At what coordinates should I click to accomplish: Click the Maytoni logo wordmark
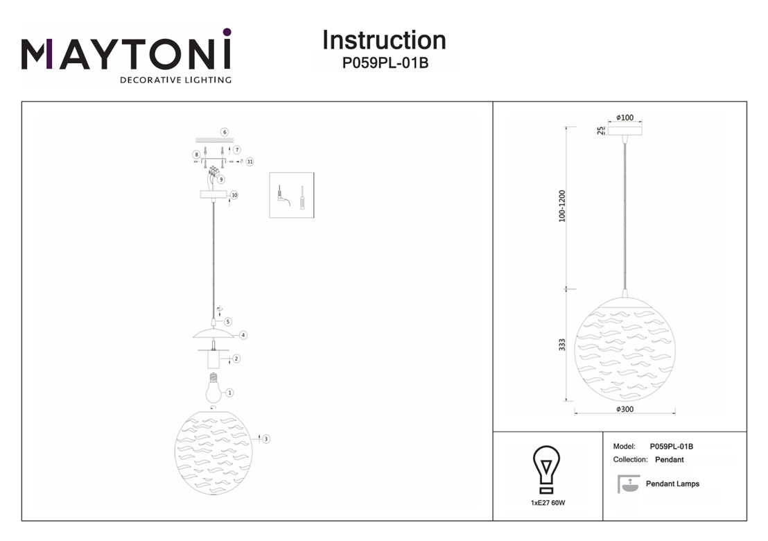tap(126, 53)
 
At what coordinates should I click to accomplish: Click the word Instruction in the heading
tap(384, 40)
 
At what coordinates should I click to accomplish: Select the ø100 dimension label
tap(625, 118)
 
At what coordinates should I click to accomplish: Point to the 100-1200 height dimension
tap(562, 206)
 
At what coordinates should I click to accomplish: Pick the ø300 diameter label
tap(625, 409)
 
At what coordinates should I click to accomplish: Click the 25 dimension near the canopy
tap(601, 130)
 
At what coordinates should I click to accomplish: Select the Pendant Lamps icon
tap(628, 484)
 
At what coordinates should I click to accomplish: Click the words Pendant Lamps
tap(672, 484)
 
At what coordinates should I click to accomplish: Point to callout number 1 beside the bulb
tap(229, 393)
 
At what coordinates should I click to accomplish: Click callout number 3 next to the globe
tap(266, 438)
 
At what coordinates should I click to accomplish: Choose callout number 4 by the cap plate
tap(243, 335)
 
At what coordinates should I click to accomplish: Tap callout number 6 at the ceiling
tap(225, 132)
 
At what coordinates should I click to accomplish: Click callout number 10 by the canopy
tap(234, 196)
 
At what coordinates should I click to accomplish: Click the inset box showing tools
tap(291, 195)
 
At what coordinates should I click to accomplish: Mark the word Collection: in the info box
tap(630, 460)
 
